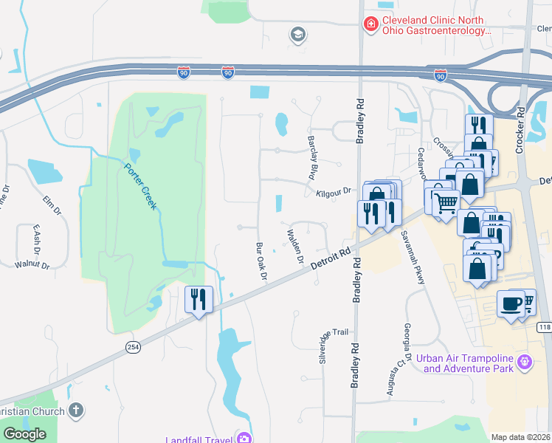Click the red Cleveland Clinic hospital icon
pyautogui.click(x=370, y=25)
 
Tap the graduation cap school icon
pyautogui.click(x=298, y=35)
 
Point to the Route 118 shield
pyautogui.click(x=545, y=327)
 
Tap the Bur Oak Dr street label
pyautogui.click(x=261, y=260)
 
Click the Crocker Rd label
pyautogui.click(x=520, y=130)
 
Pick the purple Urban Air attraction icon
pyautogui.click(x=524, y=362)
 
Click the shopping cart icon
pyautogui.click(x=445, y=202)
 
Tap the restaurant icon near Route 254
pyautogui.click(x=198, y=299)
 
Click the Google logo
pyautogui.click(x=24, y=434)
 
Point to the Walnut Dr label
pyautogui.click(x=31, y=264)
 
